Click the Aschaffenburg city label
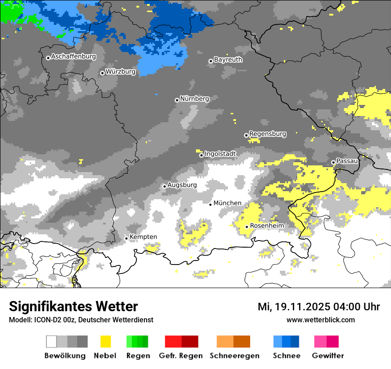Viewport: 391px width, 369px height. pos(73,57)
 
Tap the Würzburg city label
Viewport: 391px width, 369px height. pos(120,72)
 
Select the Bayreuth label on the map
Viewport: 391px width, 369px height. pos(228,60)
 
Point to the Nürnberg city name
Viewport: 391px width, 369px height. pos(194,99)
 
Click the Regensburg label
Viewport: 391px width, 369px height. pos(267,134)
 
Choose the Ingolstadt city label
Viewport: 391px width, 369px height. pos(220,154)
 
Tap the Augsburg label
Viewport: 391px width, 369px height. pos(182,185)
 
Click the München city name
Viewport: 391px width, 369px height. pos(227,203)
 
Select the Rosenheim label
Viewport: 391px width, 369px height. pos(267,226)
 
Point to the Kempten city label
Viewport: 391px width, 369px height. pos(143,237)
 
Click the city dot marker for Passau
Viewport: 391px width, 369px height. pos(333,162)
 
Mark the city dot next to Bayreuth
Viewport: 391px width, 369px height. pos(211,61)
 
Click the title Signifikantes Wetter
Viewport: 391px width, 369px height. pos(73,307)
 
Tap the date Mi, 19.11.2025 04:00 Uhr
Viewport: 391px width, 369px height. pos(319,307)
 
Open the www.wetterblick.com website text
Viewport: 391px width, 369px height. pos(320,320)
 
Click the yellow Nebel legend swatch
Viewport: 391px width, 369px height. pos(105,341)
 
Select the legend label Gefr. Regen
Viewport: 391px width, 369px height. pos(181,356)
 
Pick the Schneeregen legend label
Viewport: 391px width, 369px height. pos(235,356)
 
